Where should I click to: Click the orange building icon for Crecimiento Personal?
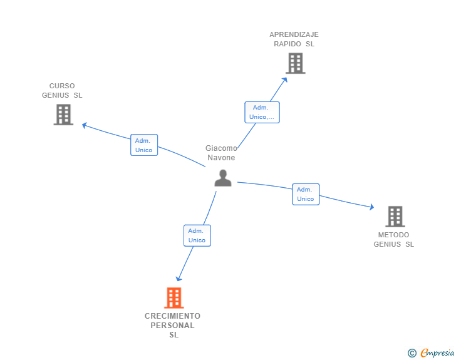[x=174, y=298]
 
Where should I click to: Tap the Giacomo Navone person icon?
[x=222, y=178]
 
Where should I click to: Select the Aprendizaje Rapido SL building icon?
[x=295, y=63]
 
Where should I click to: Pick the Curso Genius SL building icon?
[x=63, y=115]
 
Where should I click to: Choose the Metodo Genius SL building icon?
[x=395, y=216]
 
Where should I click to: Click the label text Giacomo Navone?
[x=221, y=153]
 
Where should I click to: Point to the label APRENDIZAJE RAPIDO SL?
[x=294, y=39]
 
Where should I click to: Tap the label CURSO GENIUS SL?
[x=62, y=91]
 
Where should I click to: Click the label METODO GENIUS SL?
[x=394, y=240]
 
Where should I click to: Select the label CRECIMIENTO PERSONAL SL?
[x=173, y=325]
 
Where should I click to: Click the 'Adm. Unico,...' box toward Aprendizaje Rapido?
[x=262, y=112]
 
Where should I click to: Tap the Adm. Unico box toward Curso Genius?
[x=144, y=145]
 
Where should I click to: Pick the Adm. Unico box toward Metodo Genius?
[x=306, y=194]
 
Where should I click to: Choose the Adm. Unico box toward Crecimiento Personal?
[x=197, y=235]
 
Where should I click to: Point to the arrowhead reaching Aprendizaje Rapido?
[x=285, y=79]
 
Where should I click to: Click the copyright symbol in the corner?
[x=412, y=353]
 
